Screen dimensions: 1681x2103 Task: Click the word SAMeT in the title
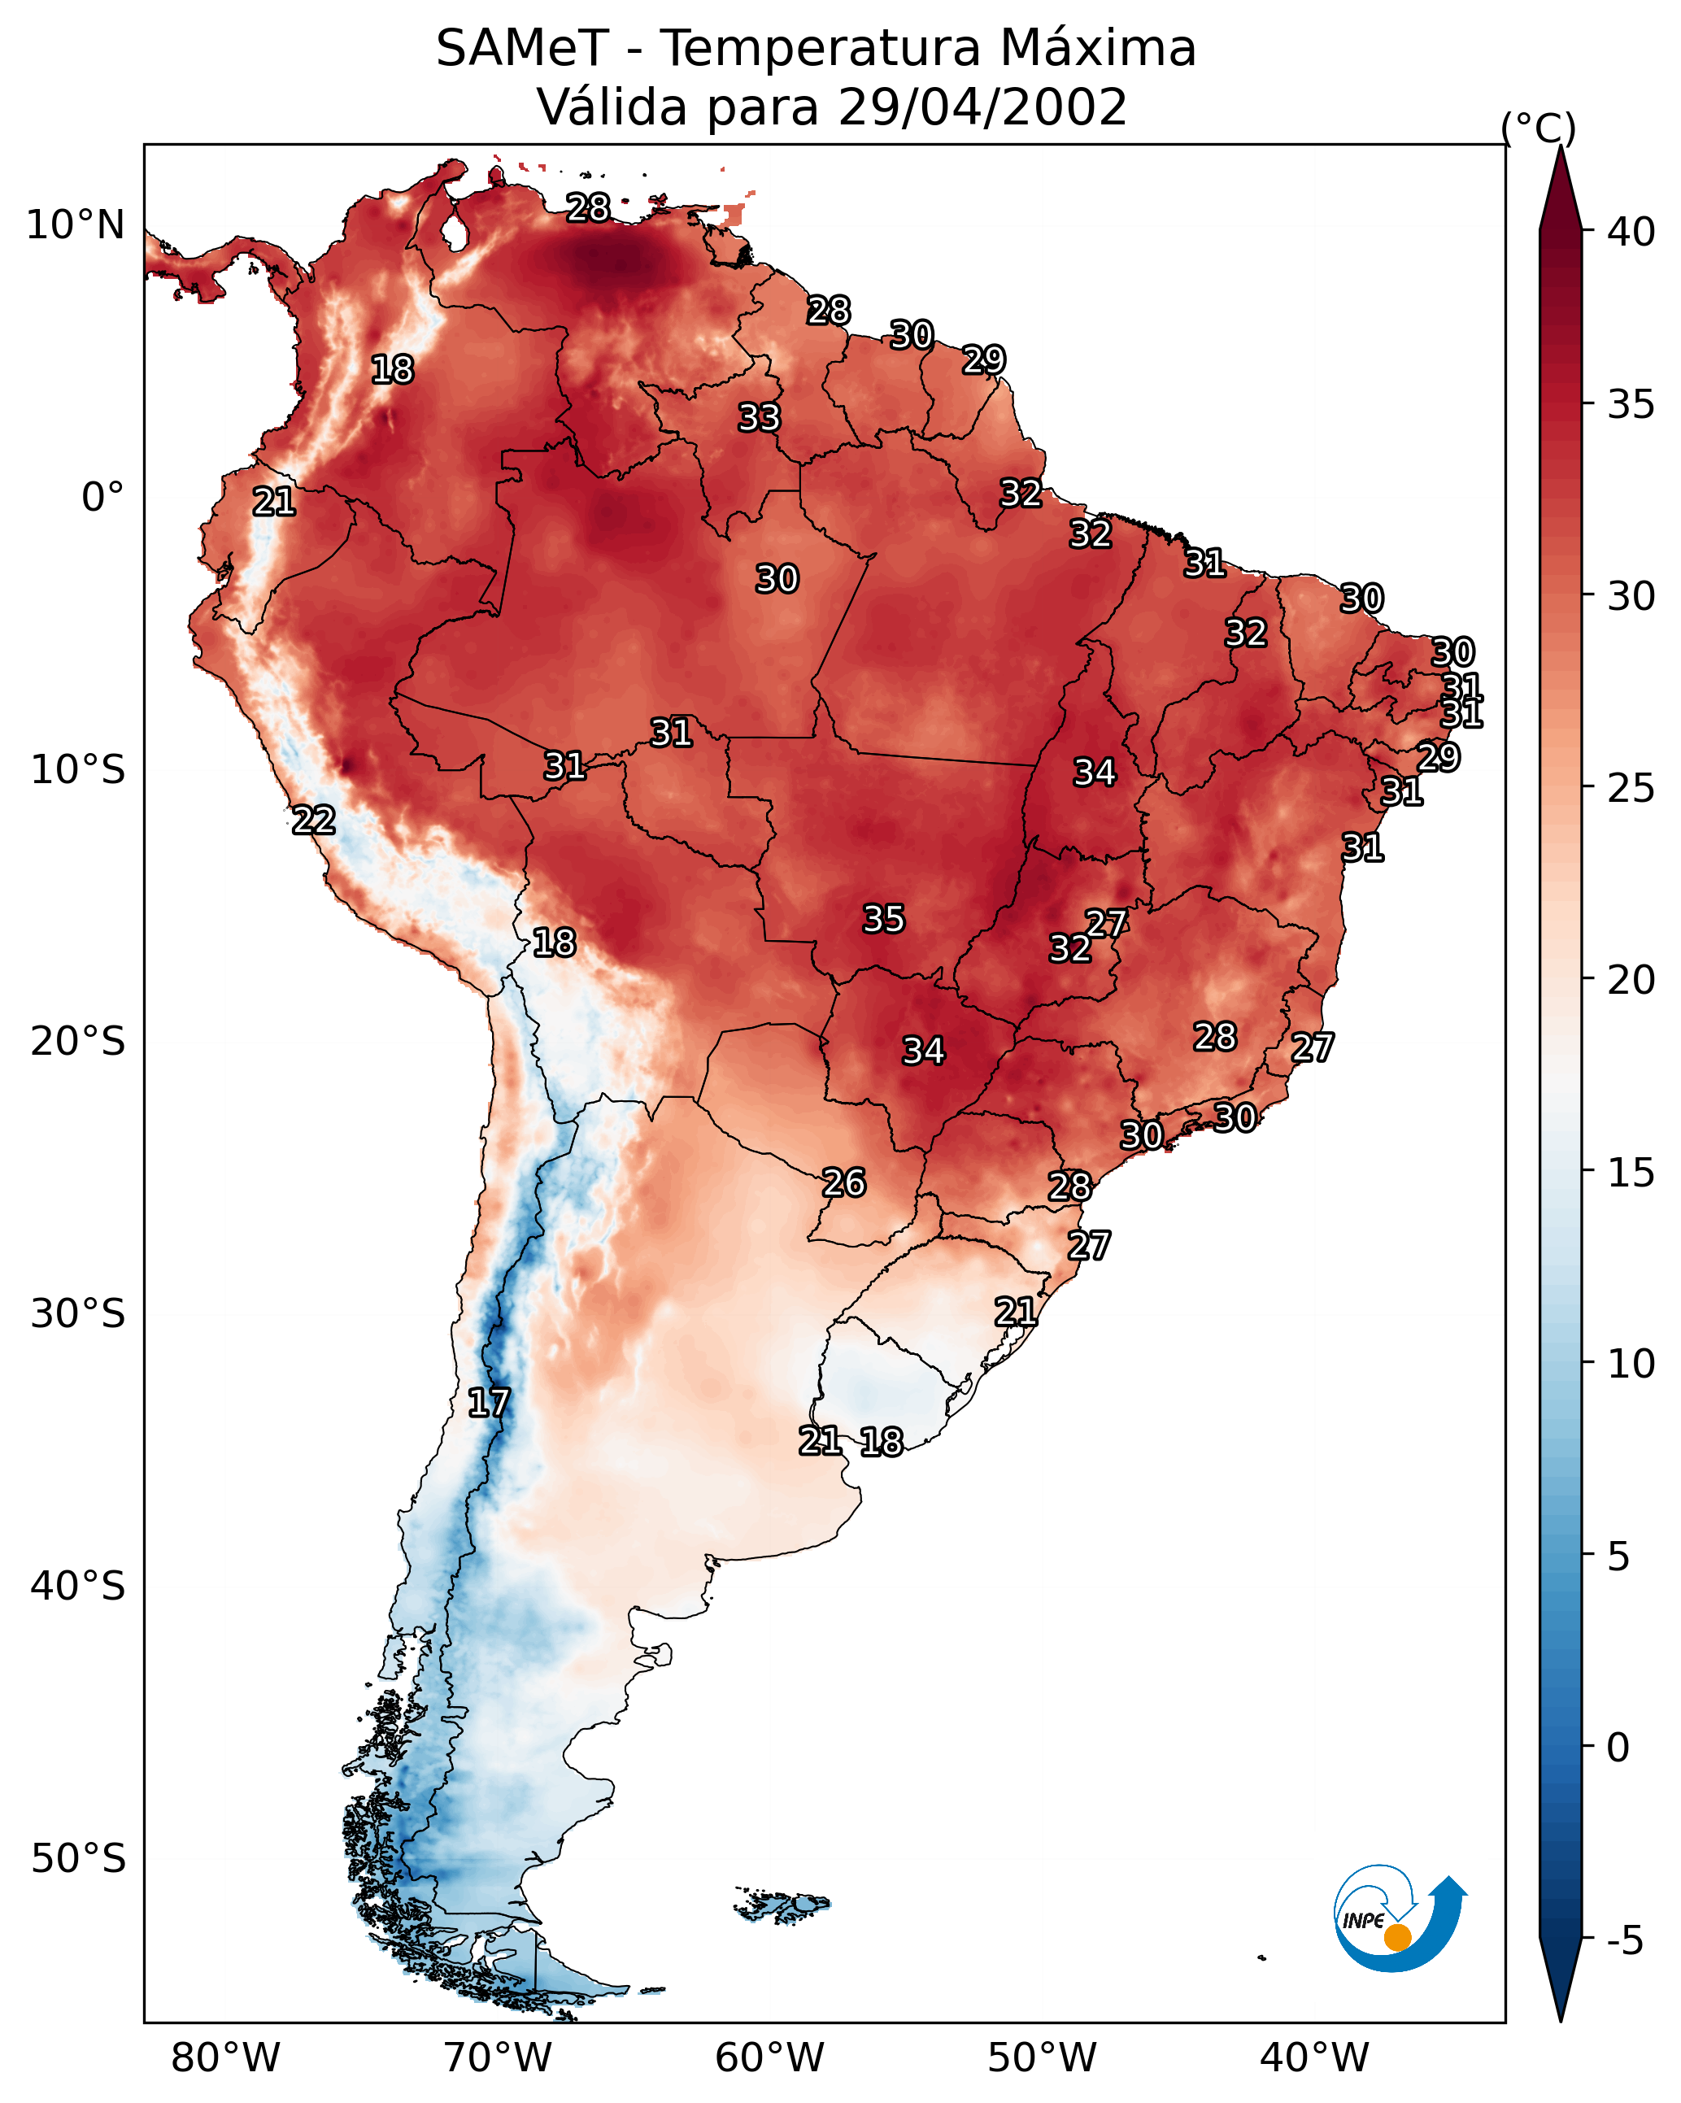[522, 49]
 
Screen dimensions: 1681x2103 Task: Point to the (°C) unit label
[1539, 128]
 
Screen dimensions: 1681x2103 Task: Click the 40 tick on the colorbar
[1631, 232]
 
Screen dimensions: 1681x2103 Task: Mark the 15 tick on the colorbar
[1631, 1172]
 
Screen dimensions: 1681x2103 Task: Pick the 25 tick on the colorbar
[1631, 787]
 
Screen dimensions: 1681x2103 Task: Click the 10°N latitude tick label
[75, 225]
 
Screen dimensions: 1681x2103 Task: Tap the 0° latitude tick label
[103, 498]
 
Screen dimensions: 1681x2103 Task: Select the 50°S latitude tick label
[78, 1859]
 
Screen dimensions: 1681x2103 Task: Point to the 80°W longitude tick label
[225, 2057]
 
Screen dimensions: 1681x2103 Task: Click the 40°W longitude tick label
[1314, 2057]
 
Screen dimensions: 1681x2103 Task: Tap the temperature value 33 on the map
[759, 417]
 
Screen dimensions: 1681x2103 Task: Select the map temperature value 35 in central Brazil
[884, 919]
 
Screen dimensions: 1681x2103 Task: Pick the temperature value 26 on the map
[844, 1183]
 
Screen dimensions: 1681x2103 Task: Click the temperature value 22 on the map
[313, 821]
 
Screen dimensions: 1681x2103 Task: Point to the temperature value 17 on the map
[488, 1403]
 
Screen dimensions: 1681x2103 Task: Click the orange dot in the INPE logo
[1397, 1937]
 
